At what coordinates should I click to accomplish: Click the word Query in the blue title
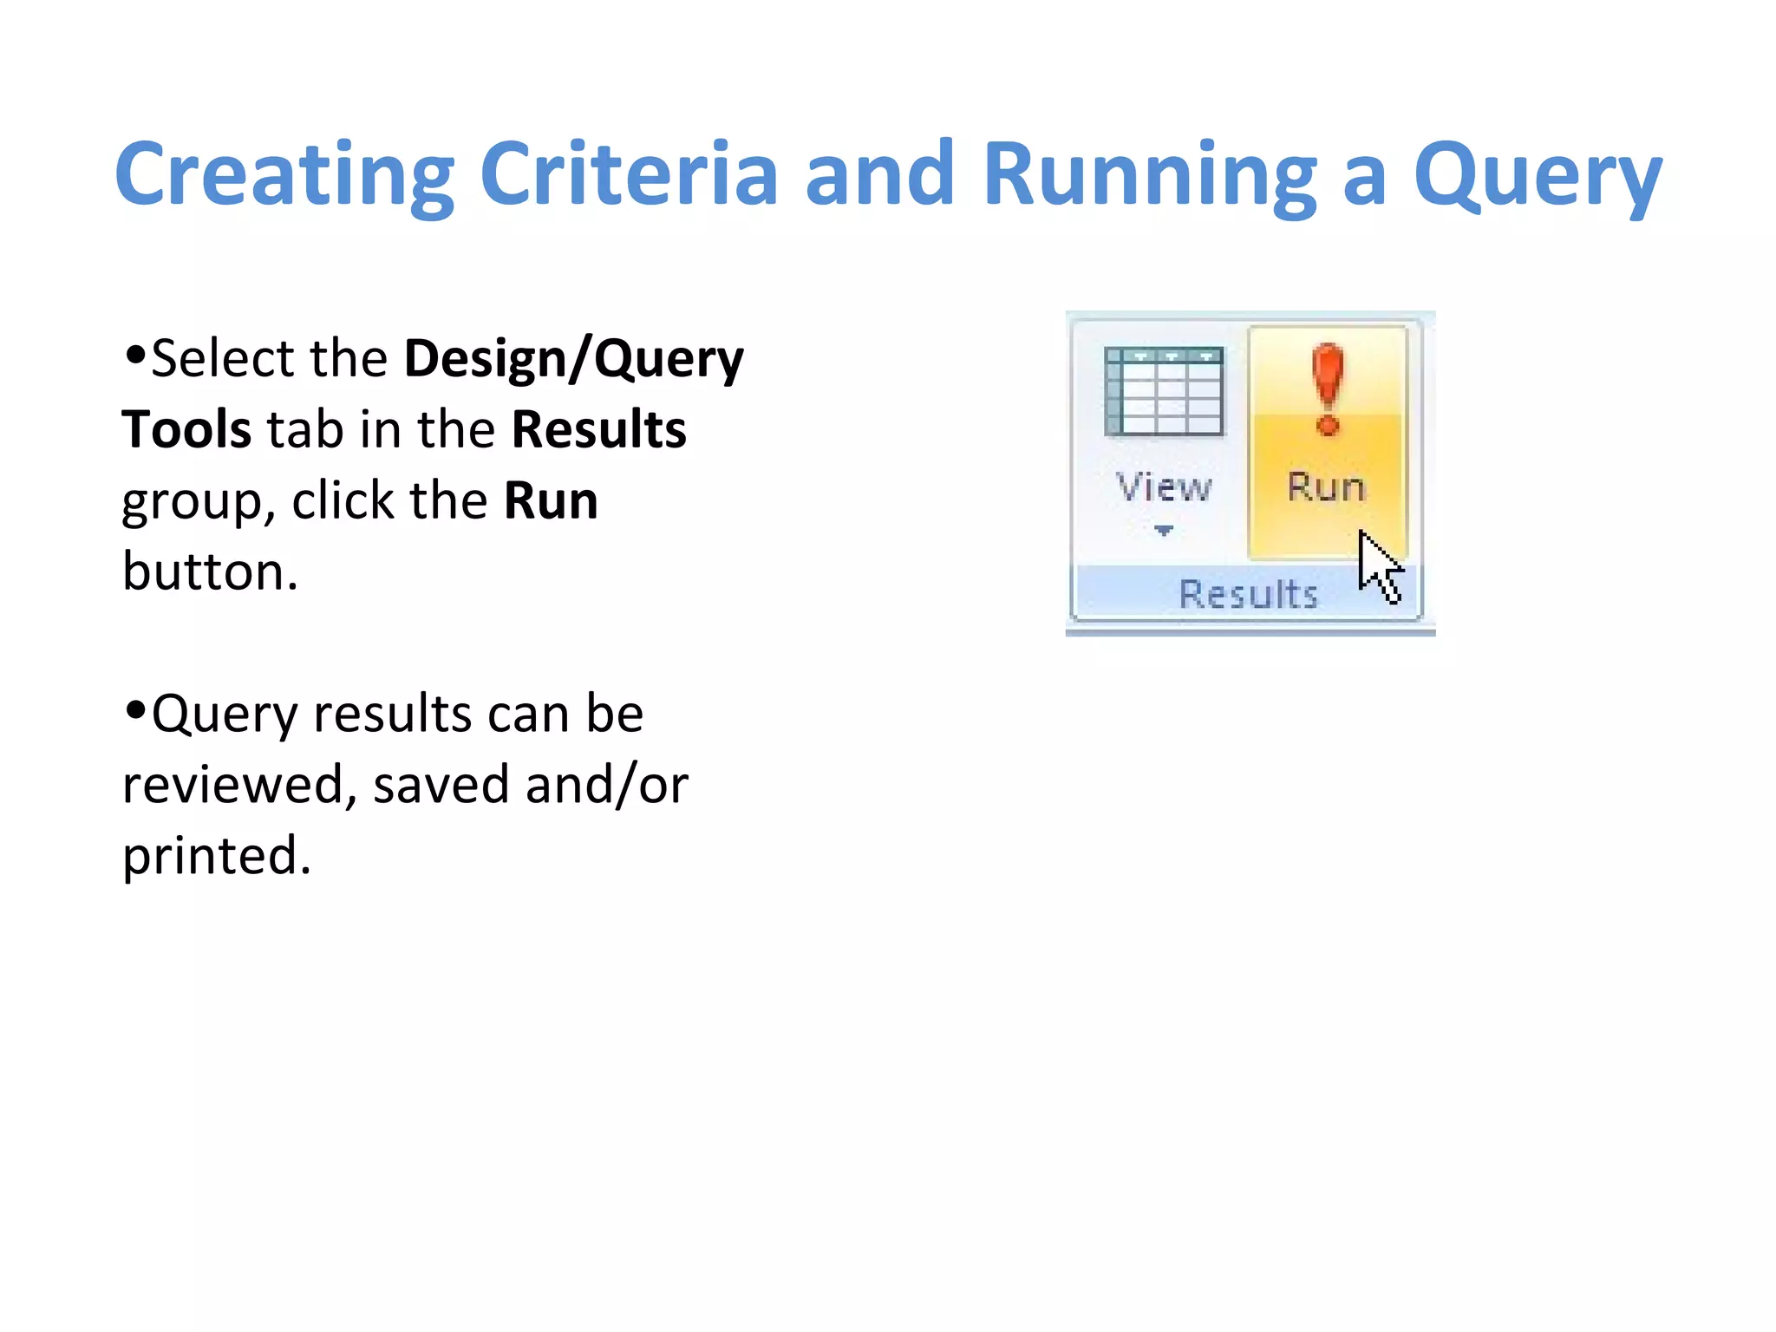(1538, 177)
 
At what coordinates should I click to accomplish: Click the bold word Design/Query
(574, 358)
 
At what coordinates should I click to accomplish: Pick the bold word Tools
(186, 429)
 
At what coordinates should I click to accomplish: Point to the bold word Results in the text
(599, 429)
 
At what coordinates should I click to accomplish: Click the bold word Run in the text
(551, 500)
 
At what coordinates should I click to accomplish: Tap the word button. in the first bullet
(210, 571)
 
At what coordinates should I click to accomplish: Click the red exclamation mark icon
(1328, 389)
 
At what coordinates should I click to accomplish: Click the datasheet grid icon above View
(1164, 392)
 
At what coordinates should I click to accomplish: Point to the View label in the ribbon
(1164, 487)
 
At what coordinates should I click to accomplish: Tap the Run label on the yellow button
(1326, 487)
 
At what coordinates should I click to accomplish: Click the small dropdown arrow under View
(1164, 530)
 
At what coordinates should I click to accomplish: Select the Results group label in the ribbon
(1248, 595)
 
